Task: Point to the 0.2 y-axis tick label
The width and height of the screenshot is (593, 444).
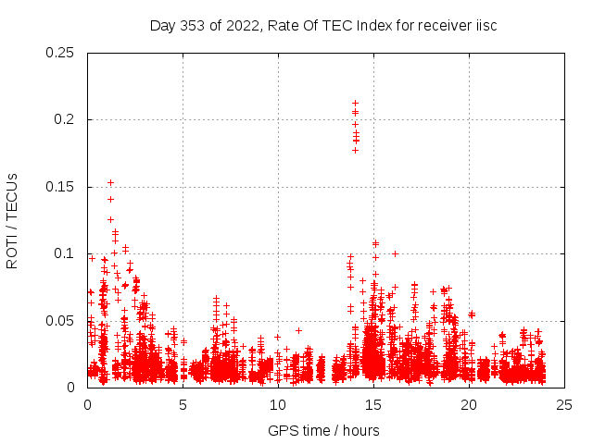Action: pyautogui.click(x=67, y=120)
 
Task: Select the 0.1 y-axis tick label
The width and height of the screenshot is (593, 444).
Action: pyautogui.click(x=67, y=254)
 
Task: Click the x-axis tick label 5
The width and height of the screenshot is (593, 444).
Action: pyautogui.click(x=183, y=404)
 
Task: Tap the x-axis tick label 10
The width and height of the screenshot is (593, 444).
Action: pyautogui.click(x=278, y=404)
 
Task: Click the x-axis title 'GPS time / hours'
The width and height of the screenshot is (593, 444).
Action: pyautogui.click(x=323, y=430)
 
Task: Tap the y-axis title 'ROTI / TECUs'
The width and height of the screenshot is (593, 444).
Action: pyautogui.click(x=13, y=221)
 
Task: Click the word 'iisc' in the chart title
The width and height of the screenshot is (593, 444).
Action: pyautogui.click(x=486, y=25)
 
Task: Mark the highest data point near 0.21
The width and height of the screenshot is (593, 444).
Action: pyautogui.click(x=355, y=103)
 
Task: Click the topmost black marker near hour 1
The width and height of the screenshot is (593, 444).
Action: pyautogui.click(x=110, y=182)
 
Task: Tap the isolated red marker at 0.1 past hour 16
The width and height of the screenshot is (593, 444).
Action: pyautogui.click(x=396, y=253)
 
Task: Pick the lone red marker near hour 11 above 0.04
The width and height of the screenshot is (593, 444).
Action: pyautogui.click(x=298, y=330)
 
